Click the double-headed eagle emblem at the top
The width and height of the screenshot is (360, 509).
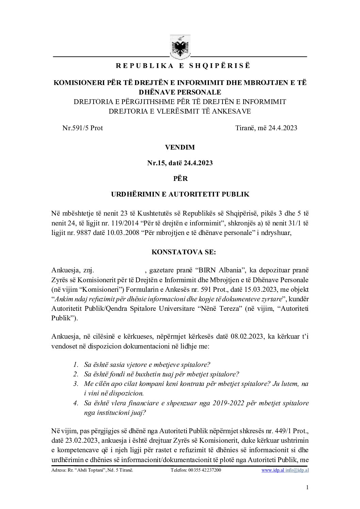tap(180, 47)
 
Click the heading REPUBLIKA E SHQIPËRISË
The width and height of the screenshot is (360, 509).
tap(183, 66)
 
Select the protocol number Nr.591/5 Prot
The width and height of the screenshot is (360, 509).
tap(82, 128)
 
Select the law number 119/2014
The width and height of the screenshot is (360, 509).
tap(126, 224)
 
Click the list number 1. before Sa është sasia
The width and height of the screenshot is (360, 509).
tap(76, 365)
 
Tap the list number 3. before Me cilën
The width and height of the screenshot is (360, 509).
tap(76, 384)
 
